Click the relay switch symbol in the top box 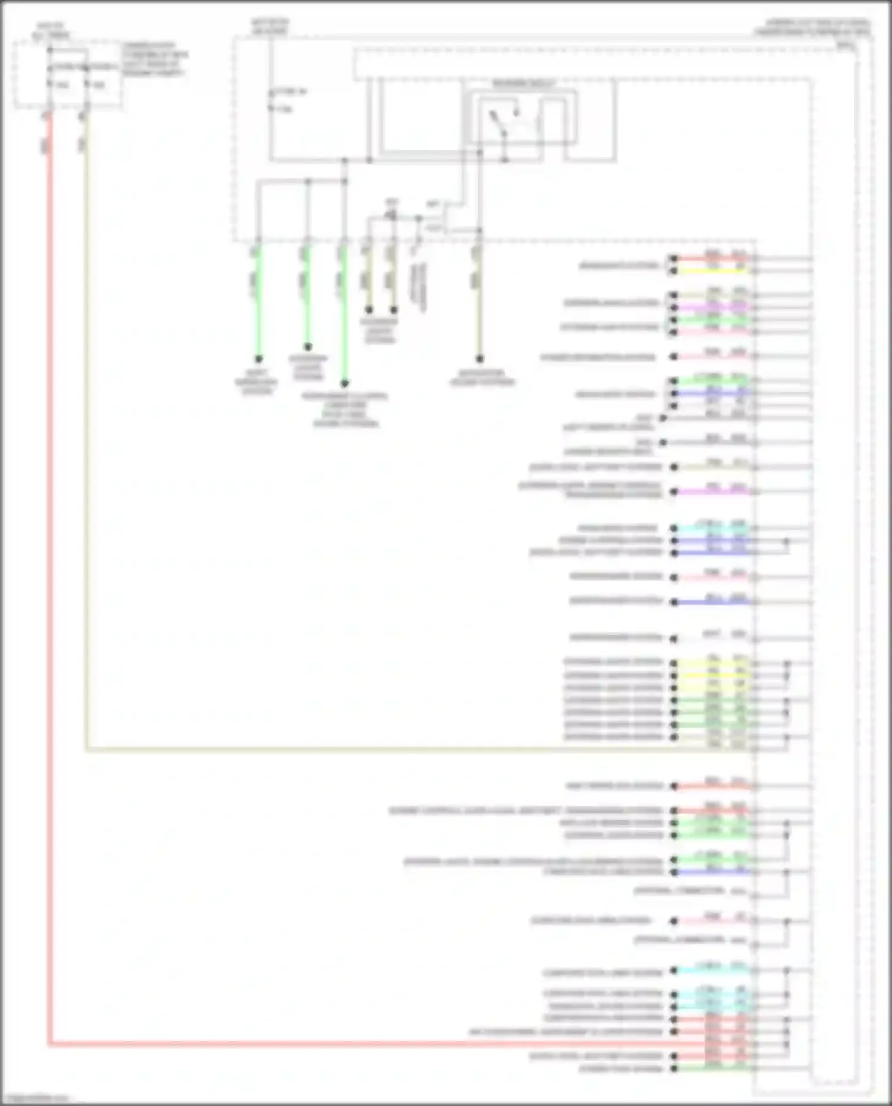(x=504, y=122)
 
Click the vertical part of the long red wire (x=49, y=535)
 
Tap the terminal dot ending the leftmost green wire (x=259, y=359)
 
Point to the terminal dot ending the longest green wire (x=344, y=383)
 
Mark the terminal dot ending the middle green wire (x=307, y=347)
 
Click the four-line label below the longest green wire (x=345, y=410)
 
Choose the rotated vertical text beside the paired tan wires (x=420, y=285)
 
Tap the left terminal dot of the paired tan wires (x=369, y=310)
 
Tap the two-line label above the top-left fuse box (x=51, y=30)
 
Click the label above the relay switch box (x=523, y=84)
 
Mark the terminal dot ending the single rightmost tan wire (x=479, y=359)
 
